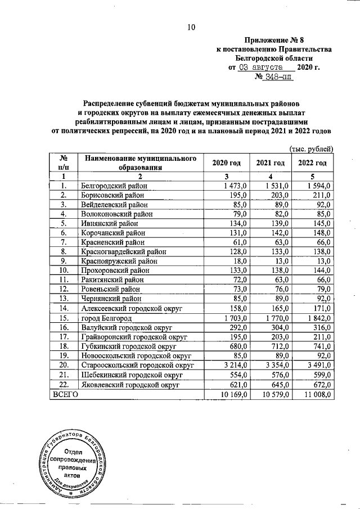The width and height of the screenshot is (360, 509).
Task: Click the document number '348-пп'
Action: (278, 76)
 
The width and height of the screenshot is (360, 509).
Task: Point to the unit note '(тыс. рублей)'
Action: (312, 148)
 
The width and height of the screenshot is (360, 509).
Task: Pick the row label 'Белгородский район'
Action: (115, 185)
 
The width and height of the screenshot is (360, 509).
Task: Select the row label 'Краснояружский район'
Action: (120, 261)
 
